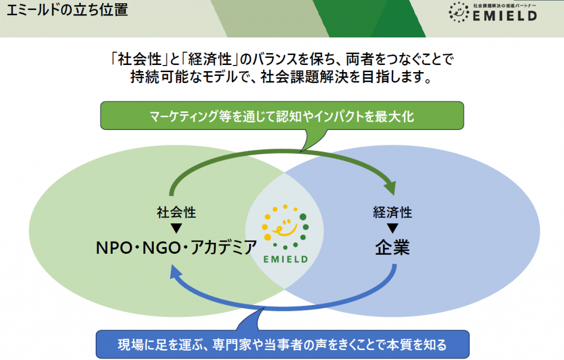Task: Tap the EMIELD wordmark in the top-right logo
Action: click(506, 15)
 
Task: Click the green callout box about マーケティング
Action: click(281, 116)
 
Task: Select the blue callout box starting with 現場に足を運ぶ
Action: click(281, 345)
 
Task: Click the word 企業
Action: click(393, 248)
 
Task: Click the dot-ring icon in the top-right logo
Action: click(458, 11)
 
